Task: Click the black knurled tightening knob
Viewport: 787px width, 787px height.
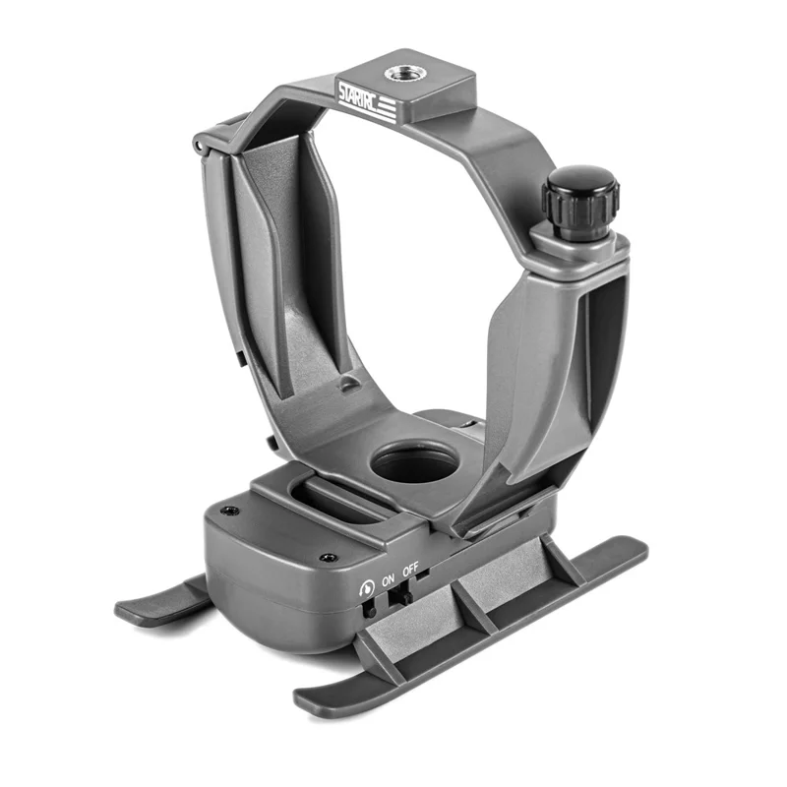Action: [580, 202]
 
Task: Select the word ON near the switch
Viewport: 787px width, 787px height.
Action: [388, 580]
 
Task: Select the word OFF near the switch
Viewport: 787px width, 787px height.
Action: [410, 569]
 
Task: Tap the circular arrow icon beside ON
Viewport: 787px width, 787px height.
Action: [367, 587]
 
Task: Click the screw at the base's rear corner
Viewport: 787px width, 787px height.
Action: [230, 511]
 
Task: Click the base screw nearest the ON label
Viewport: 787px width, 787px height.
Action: [328, 557]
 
